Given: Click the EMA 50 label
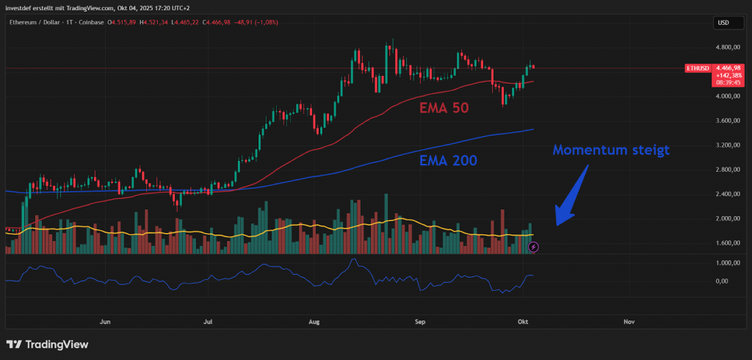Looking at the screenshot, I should [444, 108].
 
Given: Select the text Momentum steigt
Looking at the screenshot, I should [611, 151].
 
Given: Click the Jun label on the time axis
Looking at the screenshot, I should [104, 322].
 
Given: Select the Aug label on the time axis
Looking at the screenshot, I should [315, 322].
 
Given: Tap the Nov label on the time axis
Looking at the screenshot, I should [629, 322].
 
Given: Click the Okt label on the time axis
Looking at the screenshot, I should [523, 322].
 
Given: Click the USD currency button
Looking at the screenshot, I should [723, 23].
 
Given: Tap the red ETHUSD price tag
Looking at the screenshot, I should [698, 68].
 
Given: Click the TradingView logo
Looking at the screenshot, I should [47, 344].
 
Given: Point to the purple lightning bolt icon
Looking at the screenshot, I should [534, 247].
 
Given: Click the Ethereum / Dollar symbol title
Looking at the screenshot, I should [37, 23].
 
